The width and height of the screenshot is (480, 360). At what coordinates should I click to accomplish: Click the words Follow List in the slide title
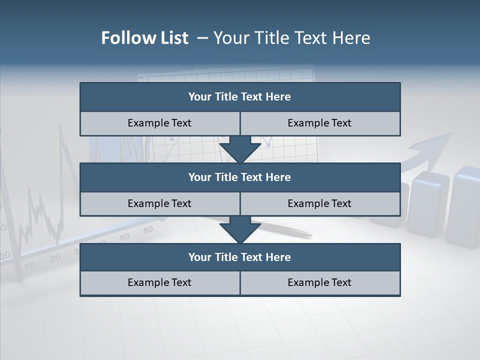coord(145,38)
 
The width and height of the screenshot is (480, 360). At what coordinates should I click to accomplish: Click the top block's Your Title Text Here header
coord(239,97)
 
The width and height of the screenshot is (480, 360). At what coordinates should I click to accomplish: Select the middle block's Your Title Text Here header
coord(239,177)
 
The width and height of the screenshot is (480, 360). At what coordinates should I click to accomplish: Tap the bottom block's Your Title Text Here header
coord(239,257)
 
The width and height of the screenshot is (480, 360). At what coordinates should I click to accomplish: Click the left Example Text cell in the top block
coord(159,123)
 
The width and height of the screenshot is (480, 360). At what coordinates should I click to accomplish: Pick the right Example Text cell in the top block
coord(319,123)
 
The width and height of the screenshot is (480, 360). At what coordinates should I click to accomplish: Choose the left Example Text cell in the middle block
coord(159,203)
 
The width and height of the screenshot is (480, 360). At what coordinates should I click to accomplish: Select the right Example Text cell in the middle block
coord(319,203)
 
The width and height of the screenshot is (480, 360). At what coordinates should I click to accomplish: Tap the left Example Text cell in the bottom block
coord(159,282)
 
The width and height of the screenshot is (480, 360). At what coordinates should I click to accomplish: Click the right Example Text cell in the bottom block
coord(319,282)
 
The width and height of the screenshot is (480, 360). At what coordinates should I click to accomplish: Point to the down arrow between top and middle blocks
coord(240,150)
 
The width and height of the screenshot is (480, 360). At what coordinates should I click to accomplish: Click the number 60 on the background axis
coord(148,230)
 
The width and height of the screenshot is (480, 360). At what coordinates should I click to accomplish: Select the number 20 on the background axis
coord(55,257)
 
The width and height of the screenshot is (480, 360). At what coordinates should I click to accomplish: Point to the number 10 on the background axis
coord(30,265)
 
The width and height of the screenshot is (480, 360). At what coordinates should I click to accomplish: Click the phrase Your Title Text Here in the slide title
coord(292,38)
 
